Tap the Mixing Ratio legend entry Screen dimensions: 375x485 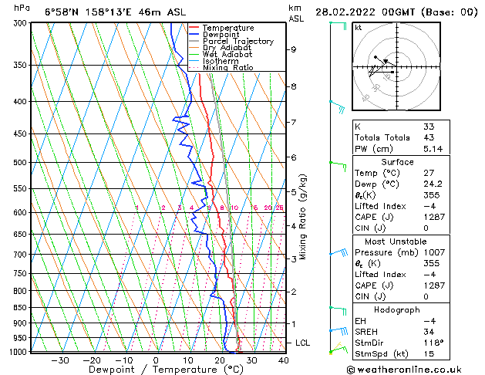click(x=227, y=68)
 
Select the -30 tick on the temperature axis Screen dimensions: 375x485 click(x=59, y=360)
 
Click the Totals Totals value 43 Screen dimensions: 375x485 click(x=428, y=137)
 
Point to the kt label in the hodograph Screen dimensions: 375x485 click(x=358, y=28)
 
